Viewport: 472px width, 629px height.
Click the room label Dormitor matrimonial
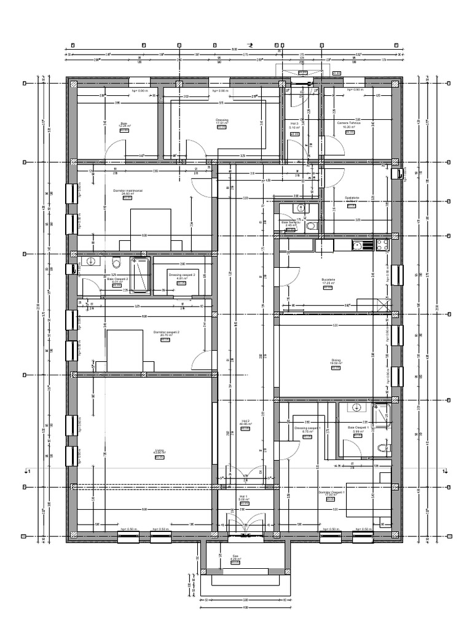click(x=128, y=191)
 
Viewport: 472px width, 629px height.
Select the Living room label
click(x=159, y=451)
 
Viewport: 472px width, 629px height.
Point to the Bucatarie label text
click(x=328, y=279)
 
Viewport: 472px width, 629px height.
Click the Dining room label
click(x=335, y=361)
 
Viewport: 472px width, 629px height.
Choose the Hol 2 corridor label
click(x=244, y=422)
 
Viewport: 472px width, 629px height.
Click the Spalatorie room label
click(x=352, y=198)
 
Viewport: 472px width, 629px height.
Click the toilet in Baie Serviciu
click(x=312, y=225)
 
